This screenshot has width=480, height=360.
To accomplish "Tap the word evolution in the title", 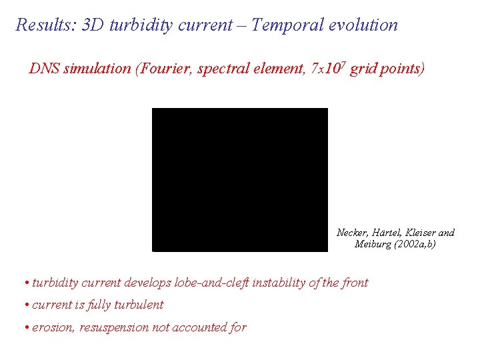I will click(x=363, y=25).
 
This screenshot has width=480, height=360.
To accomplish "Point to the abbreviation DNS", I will click(x=44, y=69).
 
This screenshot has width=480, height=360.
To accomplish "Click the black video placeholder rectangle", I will click(x=240, y=179).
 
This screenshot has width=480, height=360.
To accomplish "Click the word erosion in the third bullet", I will click(x=54, y=327).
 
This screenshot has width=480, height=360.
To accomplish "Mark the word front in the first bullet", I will click(x=355, y=283).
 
